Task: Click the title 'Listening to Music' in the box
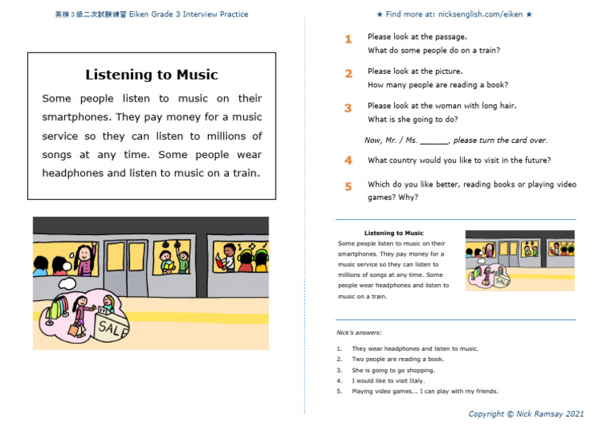point(151,75)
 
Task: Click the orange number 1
point(348,39)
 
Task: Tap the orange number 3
point(348,108)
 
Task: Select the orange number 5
point(348,187)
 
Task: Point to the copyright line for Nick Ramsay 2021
point(526,414)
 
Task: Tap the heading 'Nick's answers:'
point(359,333)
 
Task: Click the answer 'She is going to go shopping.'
point(394,370)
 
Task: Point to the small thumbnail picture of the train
point(520,260)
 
